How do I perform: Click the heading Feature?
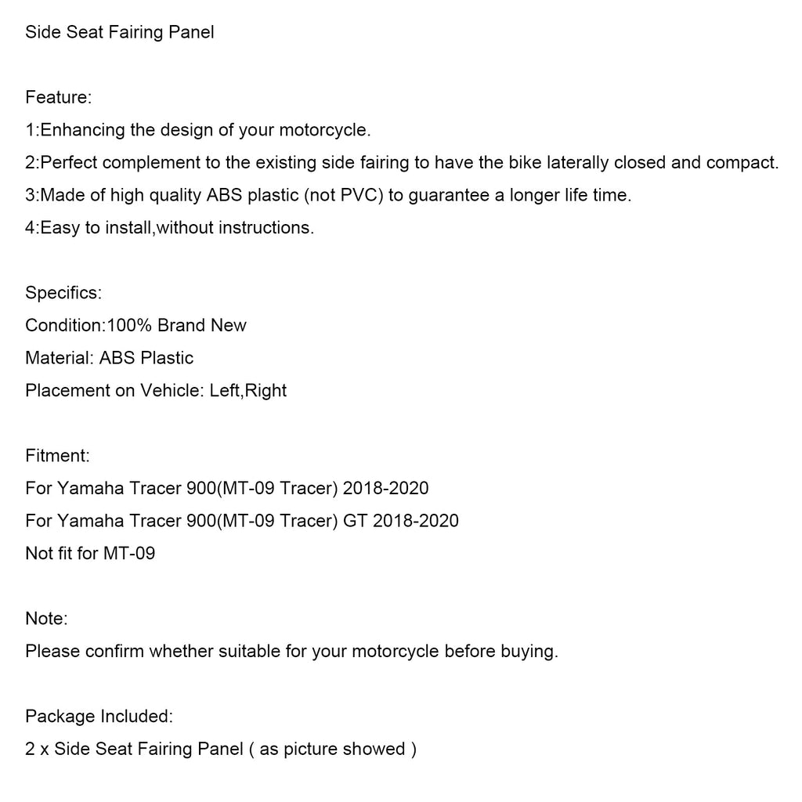59,98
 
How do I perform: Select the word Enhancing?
82,130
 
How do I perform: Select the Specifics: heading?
63,293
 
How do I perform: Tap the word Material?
60,358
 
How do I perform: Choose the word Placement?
67,390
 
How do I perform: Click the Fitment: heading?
57,455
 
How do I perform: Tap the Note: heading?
46,619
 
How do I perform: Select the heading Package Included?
99,716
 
